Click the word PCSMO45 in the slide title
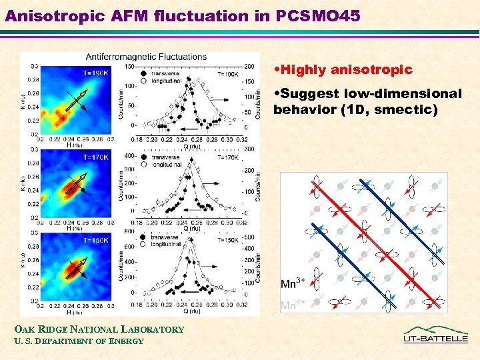[x=314, y=15]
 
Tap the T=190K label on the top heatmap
[x=95, y=73]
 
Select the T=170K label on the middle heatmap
[x=95, y=157]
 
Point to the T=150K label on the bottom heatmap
[x=95, y=240]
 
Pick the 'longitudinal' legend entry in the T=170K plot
[x=167, y=165]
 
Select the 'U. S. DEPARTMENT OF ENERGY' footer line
[x=77, y=341]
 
